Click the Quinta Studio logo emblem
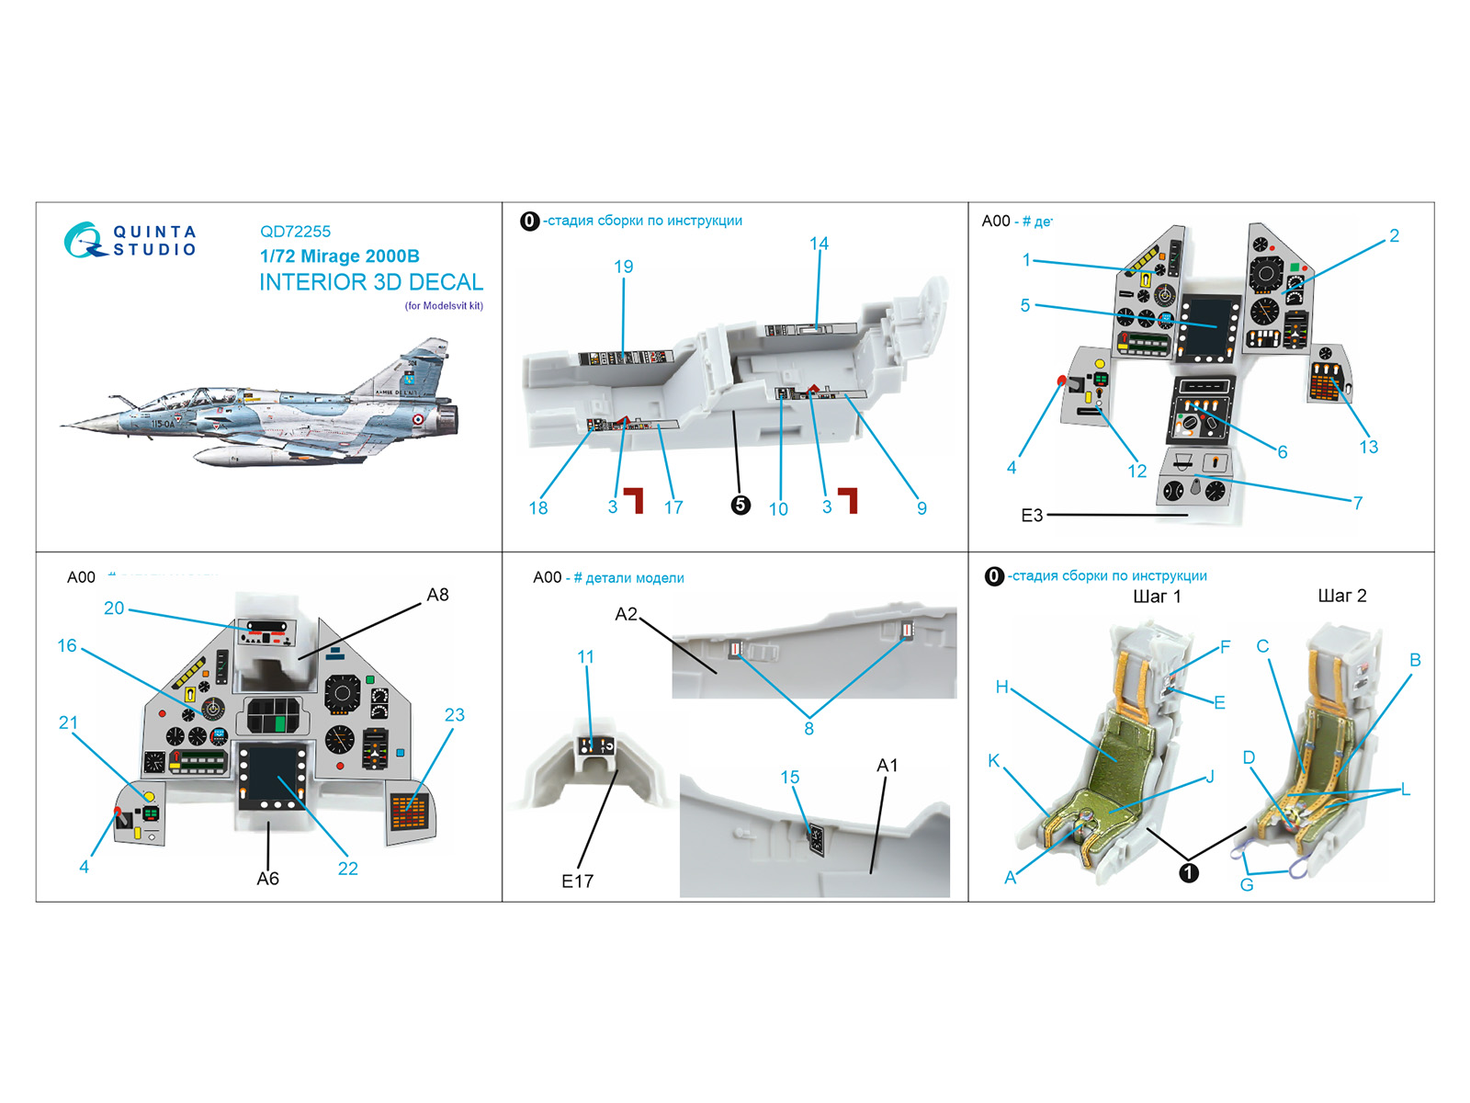coord(84,240)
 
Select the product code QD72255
coord(295,232)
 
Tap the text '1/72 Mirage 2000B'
coord(339,256)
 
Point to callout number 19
coord(623,267)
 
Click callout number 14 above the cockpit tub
coord(819,244)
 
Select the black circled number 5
coord(741,505)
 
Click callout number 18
coord(537,507)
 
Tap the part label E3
coord(1032,515)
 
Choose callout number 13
coord(1368,447)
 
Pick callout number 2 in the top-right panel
coord(1394,235)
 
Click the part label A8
coord(437,595)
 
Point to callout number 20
coord(114,608)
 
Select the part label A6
coord(267,879)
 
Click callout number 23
coord(454,714)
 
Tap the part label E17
coord(577,881)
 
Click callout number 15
coord(789,777)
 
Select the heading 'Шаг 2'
coord(1341,596)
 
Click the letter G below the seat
coord(1246,884)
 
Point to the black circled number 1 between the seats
coord(1188,872)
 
